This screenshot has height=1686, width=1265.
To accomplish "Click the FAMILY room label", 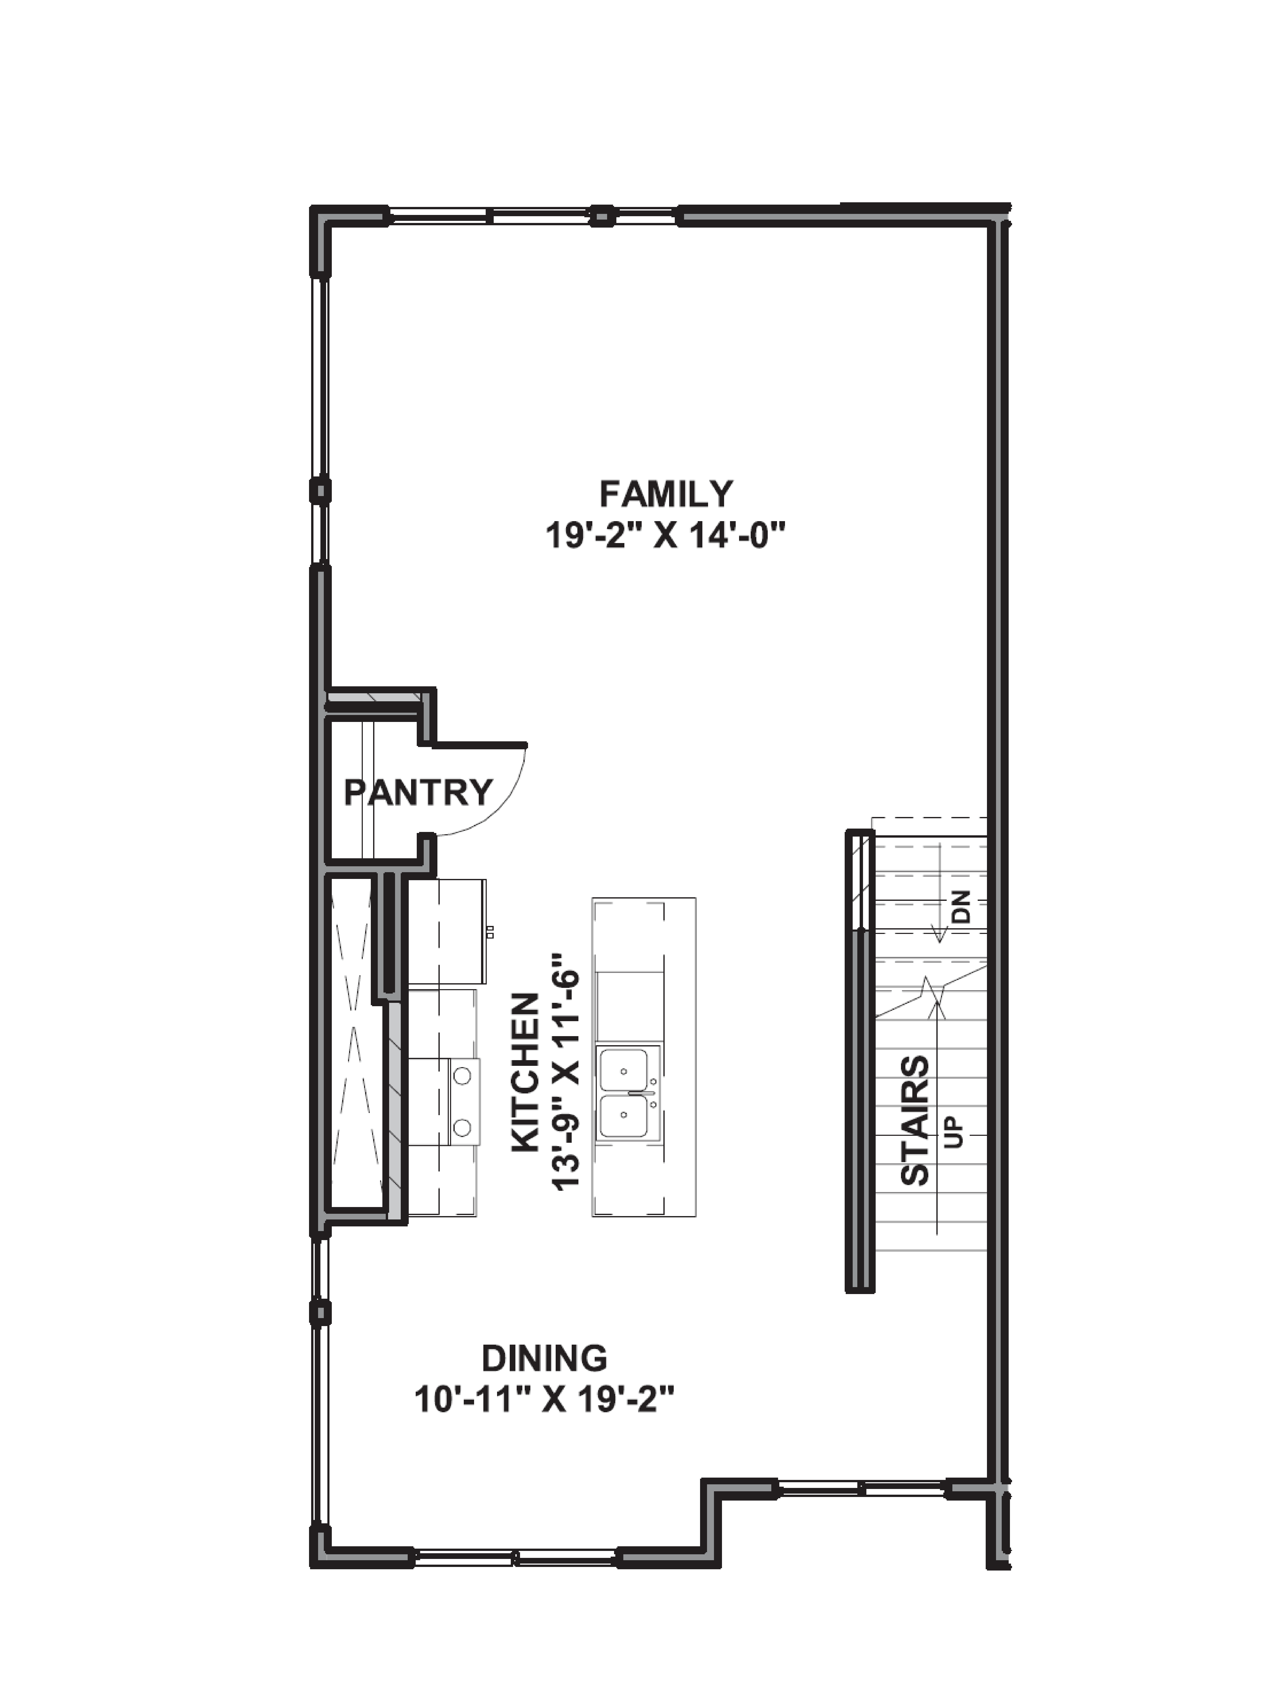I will click(666, 494).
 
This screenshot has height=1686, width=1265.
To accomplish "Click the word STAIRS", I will click(915, 1120).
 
